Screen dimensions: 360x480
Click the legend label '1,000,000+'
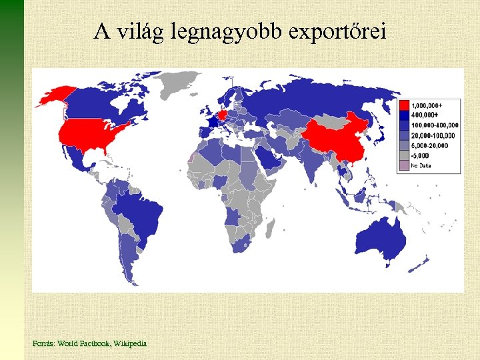pos(427,105)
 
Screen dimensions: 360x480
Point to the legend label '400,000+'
pos(423,115)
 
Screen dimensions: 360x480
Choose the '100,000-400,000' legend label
pos(435,125)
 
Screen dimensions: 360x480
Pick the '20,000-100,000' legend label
pos(432,135)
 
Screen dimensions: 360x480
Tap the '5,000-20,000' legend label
pos(430,145)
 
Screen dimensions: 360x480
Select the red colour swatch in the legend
pos(404,105)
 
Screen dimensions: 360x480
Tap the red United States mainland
pos(90,133)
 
